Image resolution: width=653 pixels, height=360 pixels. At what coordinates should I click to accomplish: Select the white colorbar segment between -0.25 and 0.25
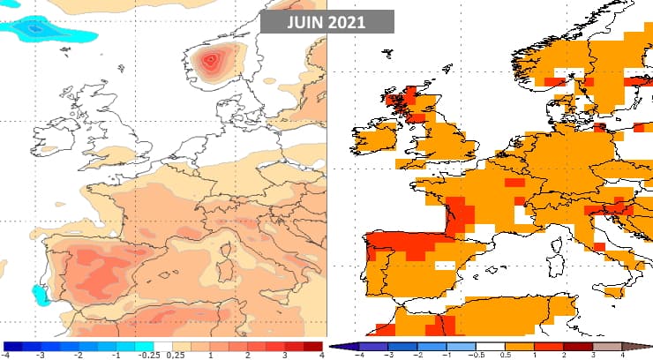[x=163, y=347]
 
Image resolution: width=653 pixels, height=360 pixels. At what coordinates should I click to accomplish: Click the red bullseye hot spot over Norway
[x=212, y=61]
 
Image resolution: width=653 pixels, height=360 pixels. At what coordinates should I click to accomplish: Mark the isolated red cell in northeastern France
[x=513, y=183]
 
